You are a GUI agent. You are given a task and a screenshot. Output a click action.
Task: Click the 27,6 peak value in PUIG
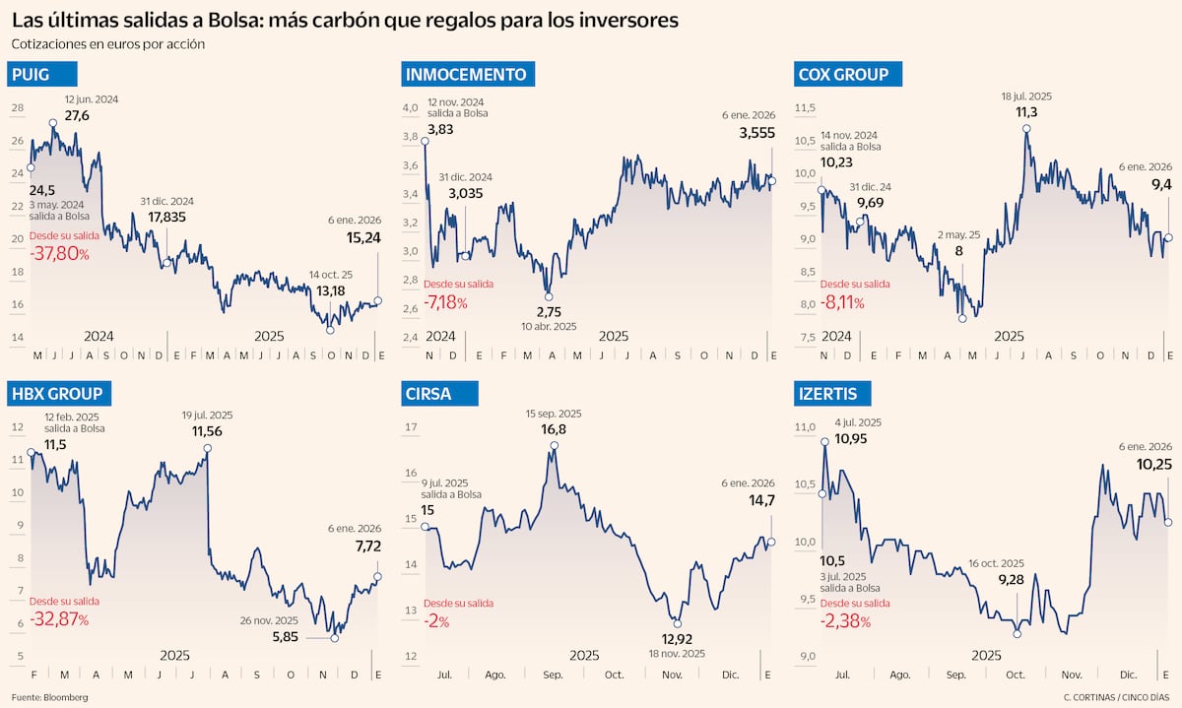pos(77,116)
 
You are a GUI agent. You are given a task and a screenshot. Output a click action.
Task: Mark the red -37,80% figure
pos(59,254)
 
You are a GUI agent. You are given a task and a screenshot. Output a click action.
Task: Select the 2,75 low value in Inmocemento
pos(550,311)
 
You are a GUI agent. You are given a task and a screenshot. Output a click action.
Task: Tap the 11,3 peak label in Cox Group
pos(1027,112)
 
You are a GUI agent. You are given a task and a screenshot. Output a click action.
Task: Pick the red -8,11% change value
pos(842,302)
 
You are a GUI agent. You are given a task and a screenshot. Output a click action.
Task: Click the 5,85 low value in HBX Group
pos(287,637)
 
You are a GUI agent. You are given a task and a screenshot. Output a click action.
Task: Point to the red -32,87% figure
pos(59,619)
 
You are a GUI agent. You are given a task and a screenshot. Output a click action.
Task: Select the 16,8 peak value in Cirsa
pos(554,429)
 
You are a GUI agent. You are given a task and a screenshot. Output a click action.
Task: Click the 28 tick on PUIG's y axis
pos(17,108)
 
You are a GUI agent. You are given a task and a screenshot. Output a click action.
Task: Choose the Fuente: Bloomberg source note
pos(50,697)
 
